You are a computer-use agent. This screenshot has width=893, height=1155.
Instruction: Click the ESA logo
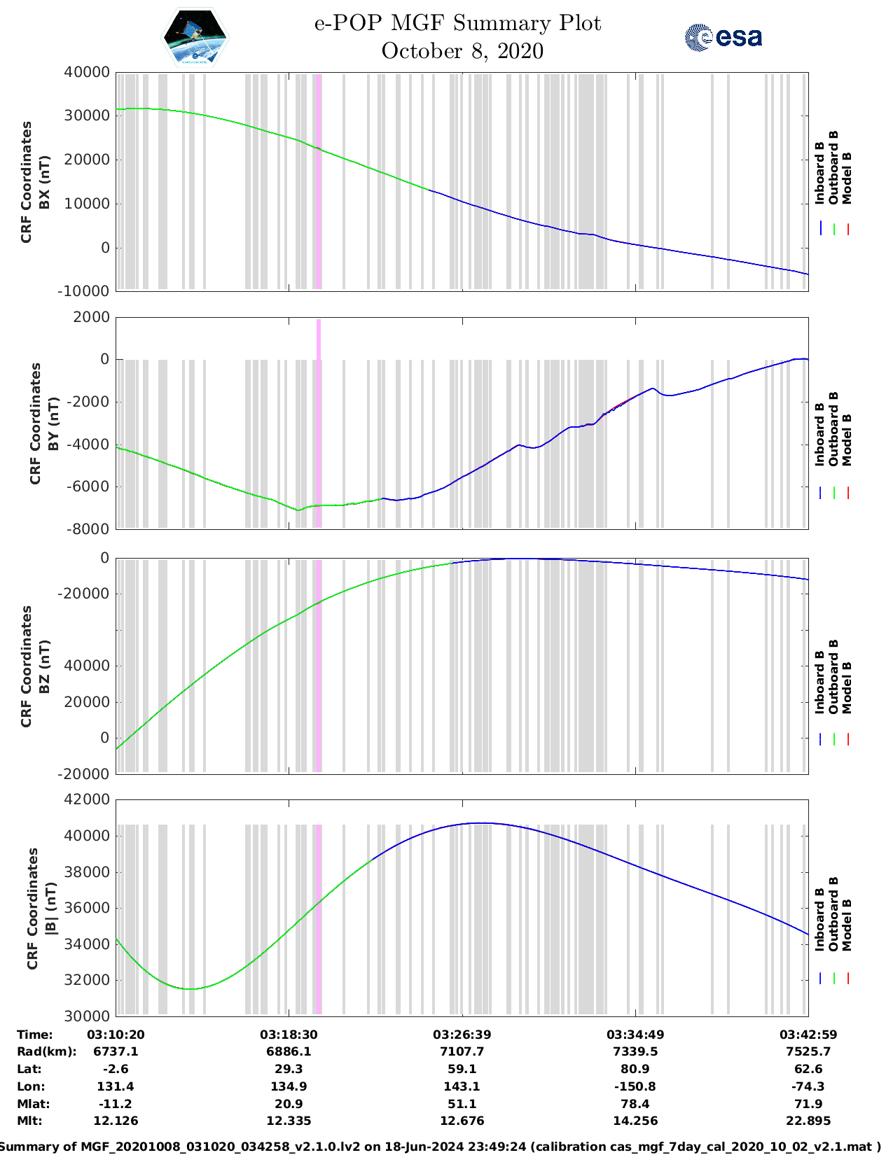pyautogui.click(x=723, y=37)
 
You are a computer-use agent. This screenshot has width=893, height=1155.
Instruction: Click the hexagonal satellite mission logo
pyautogui.click(x=195, y=37)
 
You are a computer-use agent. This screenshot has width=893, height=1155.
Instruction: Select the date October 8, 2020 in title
pyautogui.click(x=462, y=51)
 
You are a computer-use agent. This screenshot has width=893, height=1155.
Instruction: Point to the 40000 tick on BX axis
pyautogui.click(x=87, y=72)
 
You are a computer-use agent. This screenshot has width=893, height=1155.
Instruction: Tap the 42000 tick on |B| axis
pyautogui.click(x=87, y=799)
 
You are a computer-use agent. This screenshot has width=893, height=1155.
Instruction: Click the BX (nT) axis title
pyautogui.click(x=36, y=182)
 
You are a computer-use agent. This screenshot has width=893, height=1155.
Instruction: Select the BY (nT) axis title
pyautogui.click(x=44, y=423)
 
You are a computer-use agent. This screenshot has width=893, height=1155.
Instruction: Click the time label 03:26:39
pyautogui.click(x=462, y=1035)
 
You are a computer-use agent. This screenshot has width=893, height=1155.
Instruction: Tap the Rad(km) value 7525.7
pyautogui.click(x=808, y=1051)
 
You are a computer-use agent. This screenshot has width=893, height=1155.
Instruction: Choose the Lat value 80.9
pyautogui.click(x=635, y=1069)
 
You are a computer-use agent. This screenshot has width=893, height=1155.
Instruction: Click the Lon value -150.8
pyautogui.click(x=635, y=1086)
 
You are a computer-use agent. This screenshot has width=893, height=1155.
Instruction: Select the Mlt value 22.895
pyautogui.click(x=808, y=1121)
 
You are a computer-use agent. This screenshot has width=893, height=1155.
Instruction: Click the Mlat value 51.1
pyautogui.click(x=462, y=1104)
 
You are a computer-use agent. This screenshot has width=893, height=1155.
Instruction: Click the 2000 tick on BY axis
pyautogui.click(x=92, y=317)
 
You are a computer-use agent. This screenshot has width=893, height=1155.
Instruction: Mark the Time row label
pyautogui.click(x=35, y=1035)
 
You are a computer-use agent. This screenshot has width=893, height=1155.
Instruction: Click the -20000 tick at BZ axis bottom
pyautogui.click(x=87, y=773)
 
